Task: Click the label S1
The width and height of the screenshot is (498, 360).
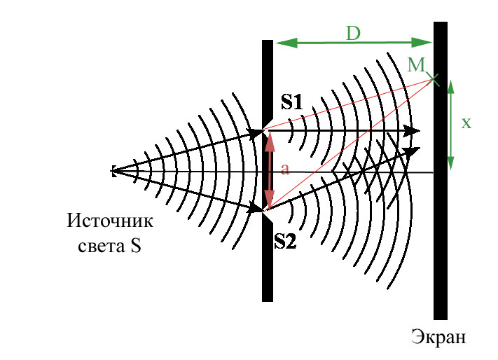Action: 292,102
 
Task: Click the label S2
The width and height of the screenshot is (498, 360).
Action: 285,242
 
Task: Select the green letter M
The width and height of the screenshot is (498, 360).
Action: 416,65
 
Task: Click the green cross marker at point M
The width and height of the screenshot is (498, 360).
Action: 434,79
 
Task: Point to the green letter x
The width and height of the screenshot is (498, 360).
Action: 466,123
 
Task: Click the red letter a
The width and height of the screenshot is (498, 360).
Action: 284,169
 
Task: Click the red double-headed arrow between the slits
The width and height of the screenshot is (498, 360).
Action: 268,170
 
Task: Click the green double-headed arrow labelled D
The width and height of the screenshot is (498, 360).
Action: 354,43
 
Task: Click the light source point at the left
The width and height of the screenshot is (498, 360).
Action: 112,170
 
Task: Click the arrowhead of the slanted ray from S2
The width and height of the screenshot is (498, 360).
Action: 413,149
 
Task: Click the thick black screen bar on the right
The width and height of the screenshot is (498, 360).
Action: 441,210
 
